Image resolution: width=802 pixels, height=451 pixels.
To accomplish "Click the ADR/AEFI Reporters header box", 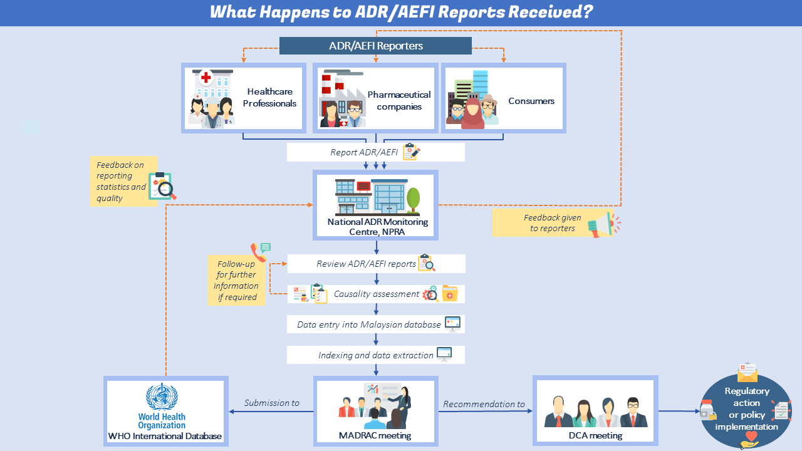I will coord(375,46).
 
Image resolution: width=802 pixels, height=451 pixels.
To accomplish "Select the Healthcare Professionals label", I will coord(269,98).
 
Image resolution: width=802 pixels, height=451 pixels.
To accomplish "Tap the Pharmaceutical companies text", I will coord(399,101).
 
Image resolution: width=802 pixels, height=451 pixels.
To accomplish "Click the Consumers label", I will coord(531,101).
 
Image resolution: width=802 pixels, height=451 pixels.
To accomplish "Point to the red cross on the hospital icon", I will coord(206,78).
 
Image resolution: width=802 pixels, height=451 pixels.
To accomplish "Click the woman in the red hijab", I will coord(473,113).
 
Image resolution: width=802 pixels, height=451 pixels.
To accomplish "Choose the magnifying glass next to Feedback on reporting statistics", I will coord(165,190).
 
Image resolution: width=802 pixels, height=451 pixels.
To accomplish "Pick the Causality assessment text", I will coord(376,294).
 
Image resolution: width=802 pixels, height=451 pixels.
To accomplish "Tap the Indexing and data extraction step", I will coord(375,355).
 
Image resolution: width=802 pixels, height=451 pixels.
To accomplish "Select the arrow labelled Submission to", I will coord(271,412).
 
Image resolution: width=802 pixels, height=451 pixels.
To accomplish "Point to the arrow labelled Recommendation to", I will coord(484,412).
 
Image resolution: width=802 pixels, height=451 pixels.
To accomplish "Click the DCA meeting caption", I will coord(595,435).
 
